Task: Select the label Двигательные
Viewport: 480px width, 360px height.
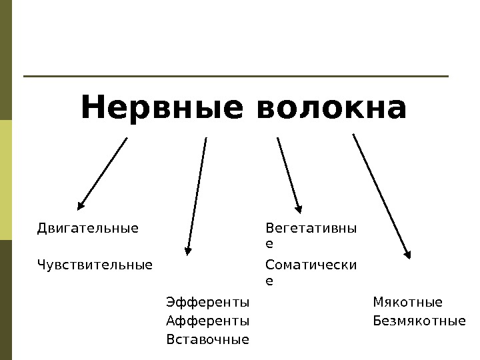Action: click(x=88, y=229)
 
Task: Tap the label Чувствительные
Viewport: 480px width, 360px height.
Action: click(x=95, y=265)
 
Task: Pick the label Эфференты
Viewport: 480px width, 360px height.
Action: click(x=207, y=302)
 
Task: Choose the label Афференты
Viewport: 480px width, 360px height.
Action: click(x=207, y=321)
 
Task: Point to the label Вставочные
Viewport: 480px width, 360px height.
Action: click(x=207, y=339)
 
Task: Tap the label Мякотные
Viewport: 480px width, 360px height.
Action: click(x=407, y=302)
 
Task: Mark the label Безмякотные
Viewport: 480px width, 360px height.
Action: click(x=419, y=321)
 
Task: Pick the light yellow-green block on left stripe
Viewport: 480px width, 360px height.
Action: click(x=6, y=180)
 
